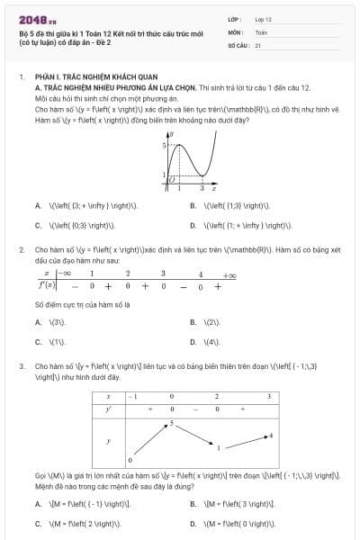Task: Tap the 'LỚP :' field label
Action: [235, 18]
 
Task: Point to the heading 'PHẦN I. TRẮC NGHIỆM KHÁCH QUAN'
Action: [82, 77]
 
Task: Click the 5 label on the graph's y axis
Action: [164, 144]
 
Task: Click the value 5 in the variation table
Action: [172, 421]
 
